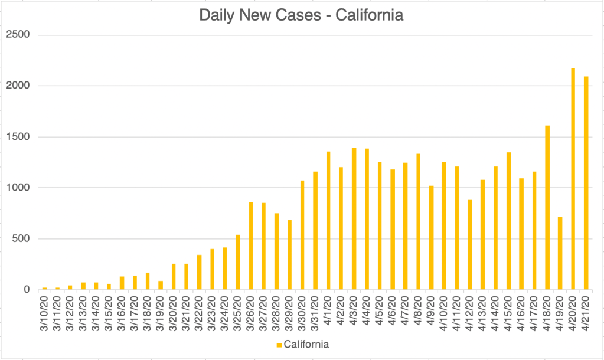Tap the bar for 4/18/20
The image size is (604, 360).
547,207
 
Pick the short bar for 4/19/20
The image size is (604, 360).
560,253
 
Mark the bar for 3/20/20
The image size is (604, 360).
174,277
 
